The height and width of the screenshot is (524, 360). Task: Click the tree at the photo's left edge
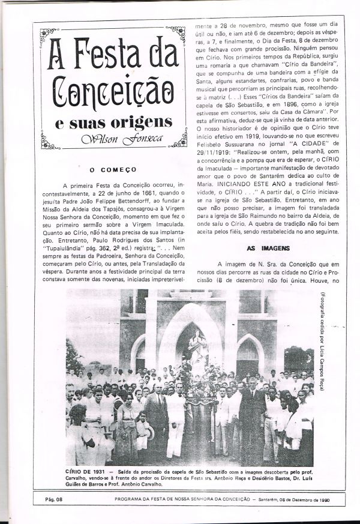[74, 357]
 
